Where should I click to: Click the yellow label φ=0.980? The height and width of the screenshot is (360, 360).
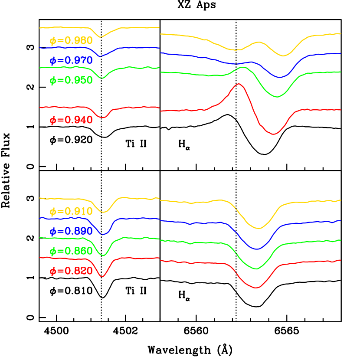pyautogui.click(x=71, y=41)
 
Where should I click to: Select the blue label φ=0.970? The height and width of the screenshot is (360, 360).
pyautogui.click(x=71, y=61)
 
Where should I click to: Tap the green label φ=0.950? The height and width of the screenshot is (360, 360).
pyautogui.click(x=71, y=81)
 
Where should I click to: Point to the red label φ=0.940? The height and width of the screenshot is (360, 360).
pyautogui.click(x=71, y=121)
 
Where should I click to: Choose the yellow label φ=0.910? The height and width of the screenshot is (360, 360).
pyautogui.click(x=71, y=212)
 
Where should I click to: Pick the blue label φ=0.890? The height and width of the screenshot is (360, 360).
pyautogui.click(x=71, y=232)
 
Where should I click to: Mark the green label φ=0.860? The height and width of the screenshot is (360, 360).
pyautogui.click(x=71, y=252)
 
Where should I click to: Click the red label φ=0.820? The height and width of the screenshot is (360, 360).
pyautogui.click(x=71, y=272)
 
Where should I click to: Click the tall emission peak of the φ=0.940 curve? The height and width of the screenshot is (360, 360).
pyautogui.click(x=238, y=84)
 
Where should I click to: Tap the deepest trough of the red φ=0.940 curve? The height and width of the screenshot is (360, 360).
pyautogui.click(x=274, y=134)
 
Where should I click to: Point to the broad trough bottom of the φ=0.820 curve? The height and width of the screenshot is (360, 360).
pyautogui.click(x=256, y=287)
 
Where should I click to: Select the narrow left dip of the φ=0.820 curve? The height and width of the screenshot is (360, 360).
pyautogui.click(x=102, y=276)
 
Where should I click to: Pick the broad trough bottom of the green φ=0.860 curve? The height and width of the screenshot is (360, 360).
pyautogui.click(x=256, y=268)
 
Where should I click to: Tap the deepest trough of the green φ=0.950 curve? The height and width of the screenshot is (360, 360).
pyautogui.click(x=277, y=97)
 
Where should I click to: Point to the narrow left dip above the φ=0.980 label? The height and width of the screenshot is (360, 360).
pyautogui.click(x=101, y=37)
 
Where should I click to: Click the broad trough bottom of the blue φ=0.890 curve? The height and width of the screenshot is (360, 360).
pyautogui.click(x=257, y=249)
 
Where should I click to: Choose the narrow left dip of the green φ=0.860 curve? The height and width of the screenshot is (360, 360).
pyautogui.click(x=103, y=255)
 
